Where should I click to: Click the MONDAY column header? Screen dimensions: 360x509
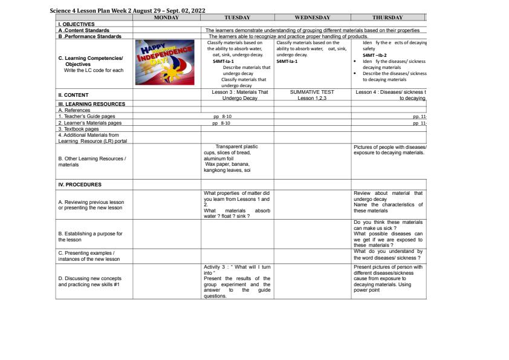pyautogui.click(x=166, y=18)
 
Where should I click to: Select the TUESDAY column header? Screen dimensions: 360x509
pyautogui.click(x=238, y=18)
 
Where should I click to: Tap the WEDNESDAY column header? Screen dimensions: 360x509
pyautogui.click(x=313, y=18)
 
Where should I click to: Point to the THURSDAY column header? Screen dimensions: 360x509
pyautogui.click(x=387, y=18)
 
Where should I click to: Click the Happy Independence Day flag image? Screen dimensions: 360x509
pyautogui.click(x=166, y=64)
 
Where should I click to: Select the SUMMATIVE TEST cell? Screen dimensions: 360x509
pyautogui.click(x=313, y=95)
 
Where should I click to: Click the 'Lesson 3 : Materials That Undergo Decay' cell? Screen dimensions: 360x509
pyautogui.click(x=237, y=95)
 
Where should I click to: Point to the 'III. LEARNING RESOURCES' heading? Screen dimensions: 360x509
pyautogui.click(x=91, y=104)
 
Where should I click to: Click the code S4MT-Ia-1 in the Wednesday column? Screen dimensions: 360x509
pyautogui.click(x=287, y=61)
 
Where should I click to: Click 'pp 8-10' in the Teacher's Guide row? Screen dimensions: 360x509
pyautogui.click(x=222, y=116)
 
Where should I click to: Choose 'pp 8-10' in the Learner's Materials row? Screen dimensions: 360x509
pyautogui.click(x=222, y=123)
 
